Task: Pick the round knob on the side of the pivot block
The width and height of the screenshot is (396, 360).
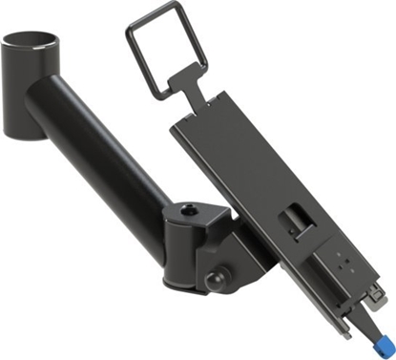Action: coord(213,280)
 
